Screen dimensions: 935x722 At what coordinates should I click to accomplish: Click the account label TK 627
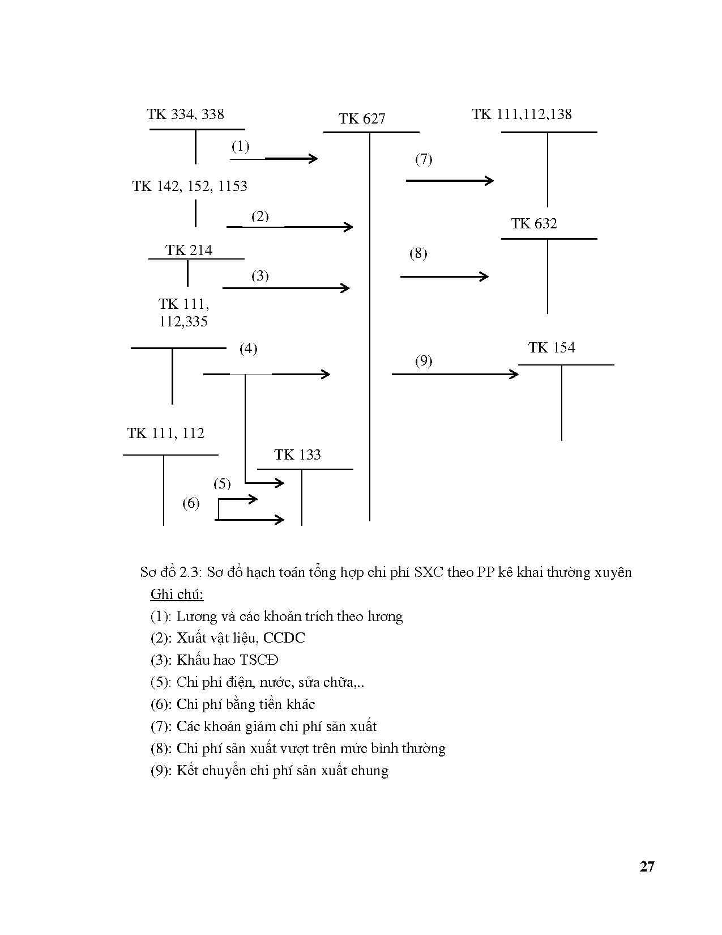tap(362, 119)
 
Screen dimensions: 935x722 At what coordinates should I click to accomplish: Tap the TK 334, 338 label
tap(185, 114)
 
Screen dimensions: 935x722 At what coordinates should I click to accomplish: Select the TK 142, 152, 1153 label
tap(190, 186)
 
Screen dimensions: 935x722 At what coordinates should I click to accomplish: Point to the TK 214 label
tap(189, 250)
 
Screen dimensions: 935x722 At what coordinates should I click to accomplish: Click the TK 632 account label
tap(533, 224)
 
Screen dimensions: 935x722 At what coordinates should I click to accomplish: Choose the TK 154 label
tap(552, 348)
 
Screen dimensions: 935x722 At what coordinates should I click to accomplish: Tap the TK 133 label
tap(297, 455)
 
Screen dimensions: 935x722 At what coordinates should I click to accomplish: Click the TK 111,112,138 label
tap(522, 114)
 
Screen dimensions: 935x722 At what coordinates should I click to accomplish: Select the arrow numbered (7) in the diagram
tap(450, 181)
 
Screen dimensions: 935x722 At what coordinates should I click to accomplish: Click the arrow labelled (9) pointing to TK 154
tap(455, 374)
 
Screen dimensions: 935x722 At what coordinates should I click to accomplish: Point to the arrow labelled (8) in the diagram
tap(444, 277)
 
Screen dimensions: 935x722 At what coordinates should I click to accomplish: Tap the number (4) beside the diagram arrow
tap(248, 348)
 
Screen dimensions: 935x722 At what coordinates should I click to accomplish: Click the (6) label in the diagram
tap(191, 503)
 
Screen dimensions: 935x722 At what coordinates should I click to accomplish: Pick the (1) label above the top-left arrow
tap(240, 146)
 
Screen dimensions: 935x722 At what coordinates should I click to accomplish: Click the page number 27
tap(647, 866)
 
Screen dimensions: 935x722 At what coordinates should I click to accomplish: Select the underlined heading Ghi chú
tap(177, 594)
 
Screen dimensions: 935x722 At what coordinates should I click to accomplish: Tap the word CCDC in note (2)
tap(284, 638)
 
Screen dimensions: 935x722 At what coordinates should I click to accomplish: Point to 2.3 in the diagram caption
tap(190, 572)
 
